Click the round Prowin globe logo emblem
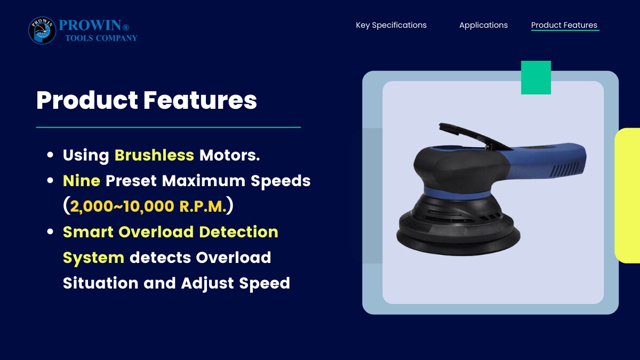42,30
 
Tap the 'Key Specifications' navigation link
391,25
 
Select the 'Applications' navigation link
483,25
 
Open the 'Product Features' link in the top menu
564,25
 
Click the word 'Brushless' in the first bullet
154,155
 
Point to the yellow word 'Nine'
82,181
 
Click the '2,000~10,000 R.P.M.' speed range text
148,206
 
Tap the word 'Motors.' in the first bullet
229,155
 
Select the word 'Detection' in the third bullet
238,231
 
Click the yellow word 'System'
93,258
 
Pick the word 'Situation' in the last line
101,283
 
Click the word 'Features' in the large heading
200,100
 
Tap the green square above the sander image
535,77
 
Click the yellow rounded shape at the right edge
628,196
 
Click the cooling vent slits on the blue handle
565,170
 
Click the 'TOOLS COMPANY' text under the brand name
101,38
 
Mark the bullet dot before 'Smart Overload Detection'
50,231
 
